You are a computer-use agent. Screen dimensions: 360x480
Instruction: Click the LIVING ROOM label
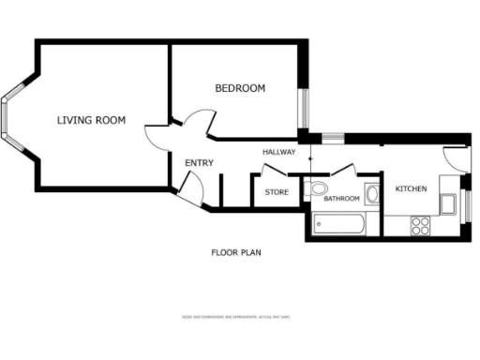(91, 120)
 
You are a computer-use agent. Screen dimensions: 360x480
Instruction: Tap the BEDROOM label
(240, 88)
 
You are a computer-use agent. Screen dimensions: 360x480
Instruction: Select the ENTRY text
(199, 163)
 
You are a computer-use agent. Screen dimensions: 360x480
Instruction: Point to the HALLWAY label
(278, 152)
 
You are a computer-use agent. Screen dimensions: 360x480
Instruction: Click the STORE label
(276, 192)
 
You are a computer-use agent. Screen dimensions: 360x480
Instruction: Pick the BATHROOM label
(342, 199)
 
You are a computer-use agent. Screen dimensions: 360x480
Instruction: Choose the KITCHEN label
(411, 189)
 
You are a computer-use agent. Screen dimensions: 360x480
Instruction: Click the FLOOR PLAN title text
(235, 252)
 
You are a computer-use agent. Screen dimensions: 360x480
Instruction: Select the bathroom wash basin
(371, 195)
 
